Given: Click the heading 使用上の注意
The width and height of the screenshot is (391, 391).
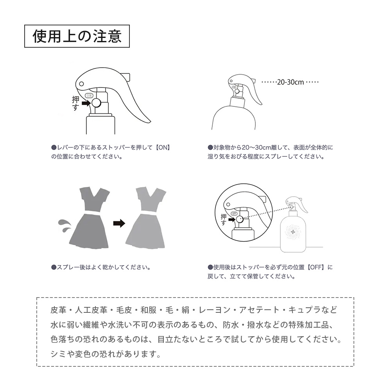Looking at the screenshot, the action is [77, 36].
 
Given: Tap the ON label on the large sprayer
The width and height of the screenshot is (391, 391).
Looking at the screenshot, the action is [89, 95].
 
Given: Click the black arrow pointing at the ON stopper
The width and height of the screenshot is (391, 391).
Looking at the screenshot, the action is [86, 103].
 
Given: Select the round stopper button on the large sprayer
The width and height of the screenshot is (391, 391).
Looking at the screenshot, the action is [96, 103].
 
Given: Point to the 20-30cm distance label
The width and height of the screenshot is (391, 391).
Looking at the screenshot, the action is [291, 82].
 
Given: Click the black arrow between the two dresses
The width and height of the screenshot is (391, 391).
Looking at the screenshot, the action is [119, 223].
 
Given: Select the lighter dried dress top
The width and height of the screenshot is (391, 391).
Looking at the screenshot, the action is [151, 199].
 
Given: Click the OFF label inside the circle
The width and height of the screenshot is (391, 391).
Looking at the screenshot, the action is [234, 213].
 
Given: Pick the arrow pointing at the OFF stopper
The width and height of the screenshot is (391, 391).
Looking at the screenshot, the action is [231, 219].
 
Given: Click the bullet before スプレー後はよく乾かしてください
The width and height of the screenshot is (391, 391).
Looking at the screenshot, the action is [54, 267].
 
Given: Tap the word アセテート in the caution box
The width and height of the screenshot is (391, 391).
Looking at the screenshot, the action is [259, 310].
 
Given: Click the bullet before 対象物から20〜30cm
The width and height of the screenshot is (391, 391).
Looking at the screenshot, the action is [210, 147].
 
